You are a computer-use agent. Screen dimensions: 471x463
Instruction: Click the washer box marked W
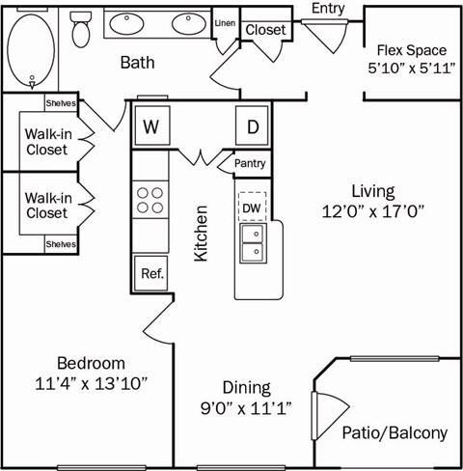(150, 126)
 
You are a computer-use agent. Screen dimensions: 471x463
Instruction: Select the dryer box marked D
(252, 126)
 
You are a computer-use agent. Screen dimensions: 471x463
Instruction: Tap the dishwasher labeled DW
(251, 207)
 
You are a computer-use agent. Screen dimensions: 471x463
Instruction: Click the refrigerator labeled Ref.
(151, 272)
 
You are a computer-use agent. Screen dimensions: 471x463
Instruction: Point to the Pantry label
(250, 164)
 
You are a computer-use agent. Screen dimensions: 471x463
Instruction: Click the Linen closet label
(225, 22)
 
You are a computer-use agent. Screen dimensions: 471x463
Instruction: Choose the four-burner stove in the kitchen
(150, 200)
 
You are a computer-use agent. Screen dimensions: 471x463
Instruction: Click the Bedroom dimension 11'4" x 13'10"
(92, 383)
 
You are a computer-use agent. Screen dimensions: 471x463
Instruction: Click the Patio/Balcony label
(395, 433)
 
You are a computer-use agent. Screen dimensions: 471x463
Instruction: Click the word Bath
(139, 63)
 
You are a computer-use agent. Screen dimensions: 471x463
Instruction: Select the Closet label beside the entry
(265, 30)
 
